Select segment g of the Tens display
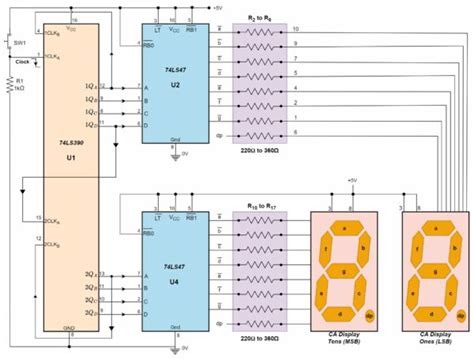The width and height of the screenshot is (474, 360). coord(342,269)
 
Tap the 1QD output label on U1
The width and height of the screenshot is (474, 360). coord(92,126)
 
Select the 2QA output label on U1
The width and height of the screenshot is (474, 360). coord(91,271)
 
